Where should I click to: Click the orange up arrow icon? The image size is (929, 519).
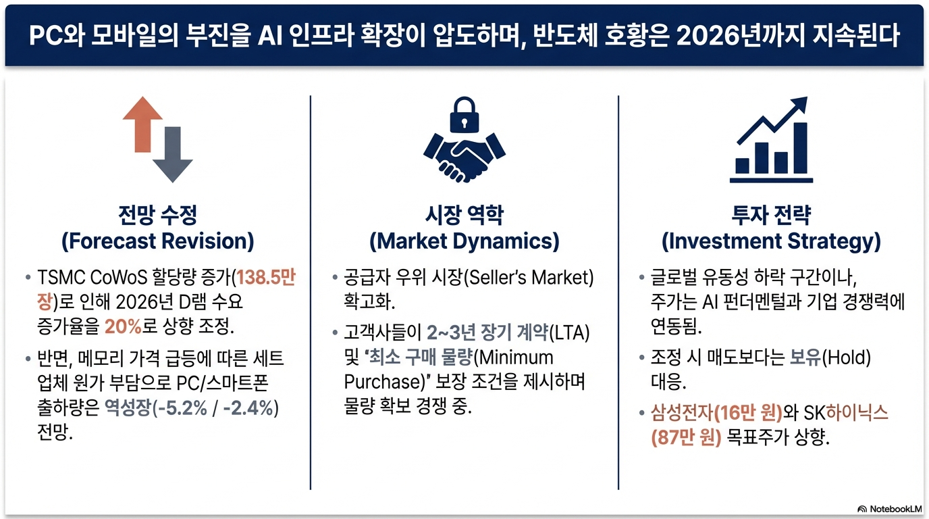coord(142,124)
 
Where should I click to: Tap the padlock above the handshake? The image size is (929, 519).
coord(464,115)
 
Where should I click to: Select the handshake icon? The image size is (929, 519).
coord(464,157)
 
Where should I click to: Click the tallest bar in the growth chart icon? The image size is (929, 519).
coord(800,148)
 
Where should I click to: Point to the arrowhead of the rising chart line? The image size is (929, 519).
coord(800,104)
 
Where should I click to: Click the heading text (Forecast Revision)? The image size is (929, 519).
coord(157,241)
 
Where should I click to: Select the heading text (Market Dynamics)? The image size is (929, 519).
coord(464,241)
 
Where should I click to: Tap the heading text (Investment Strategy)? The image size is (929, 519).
coord(772,241)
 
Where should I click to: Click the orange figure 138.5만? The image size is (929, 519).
coord(266,277)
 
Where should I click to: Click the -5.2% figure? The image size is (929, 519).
coord(182,408)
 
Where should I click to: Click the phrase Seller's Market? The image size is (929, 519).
coord(529,277)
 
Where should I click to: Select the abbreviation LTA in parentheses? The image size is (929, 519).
coord(569,332)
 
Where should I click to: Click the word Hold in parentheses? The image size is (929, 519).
coord(846,357)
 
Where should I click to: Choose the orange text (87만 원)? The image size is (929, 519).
coord(687,437)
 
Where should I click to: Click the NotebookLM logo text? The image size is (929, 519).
coord(895,509)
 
